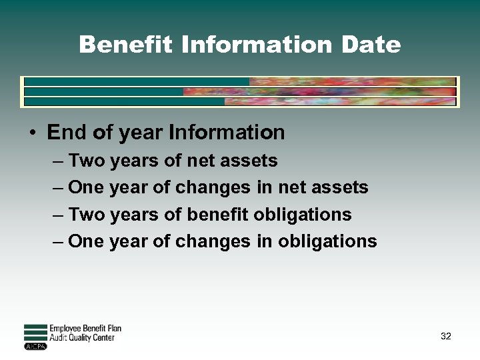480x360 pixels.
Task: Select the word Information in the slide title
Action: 255,45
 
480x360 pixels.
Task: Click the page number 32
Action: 446,336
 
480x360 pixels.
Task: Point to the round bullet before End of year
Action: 32,133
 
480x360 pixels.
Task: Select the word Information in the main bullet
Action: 227,132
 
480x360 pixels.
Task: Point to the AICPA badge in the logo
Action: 35,347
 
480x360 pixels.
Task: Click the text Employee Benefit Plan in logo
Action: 85,329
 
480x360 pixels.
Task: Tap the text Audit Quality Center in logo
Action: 82,338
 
